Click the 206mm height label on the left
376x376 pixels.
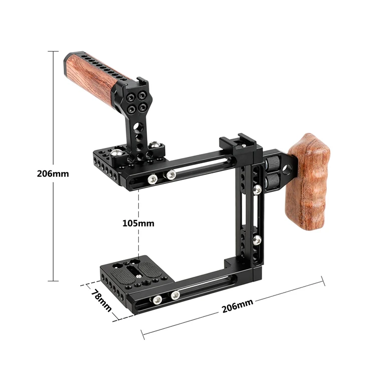pos(53,174)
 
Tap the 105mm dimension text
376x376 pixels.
pos(139,223)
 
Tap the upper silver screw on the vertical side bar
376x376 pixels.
pos(257,190)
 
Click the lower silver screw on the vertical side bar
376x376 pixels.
pos(257,240)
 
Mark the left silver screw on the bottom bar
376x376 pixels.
pos(157,300)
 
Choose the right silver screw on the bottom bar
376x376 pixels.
pos(175,295)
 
